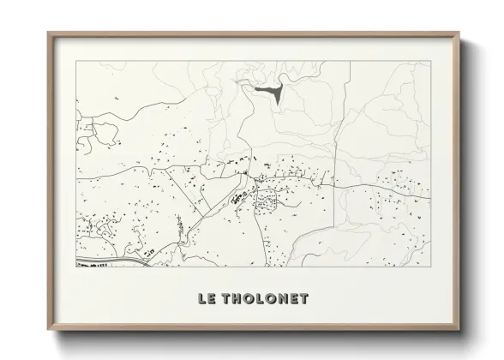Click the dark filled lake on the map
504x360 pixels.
pos(269,90)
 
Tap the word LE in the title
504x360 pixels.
pos(207,298)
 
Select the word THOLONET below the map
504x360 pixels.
pos(266,298)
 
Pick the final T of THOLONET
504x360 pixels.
pos(305,298)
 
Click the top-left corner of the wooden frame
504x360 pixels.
pos(48,33)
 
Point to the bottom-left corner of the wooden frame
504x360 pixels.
pos(48,330)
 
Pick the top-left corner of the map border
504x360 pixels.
pos(76,62)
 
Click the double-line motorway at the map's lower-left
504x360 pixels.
pos(103,258)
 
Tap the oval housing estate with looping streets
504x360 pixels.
pos(267,202)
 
